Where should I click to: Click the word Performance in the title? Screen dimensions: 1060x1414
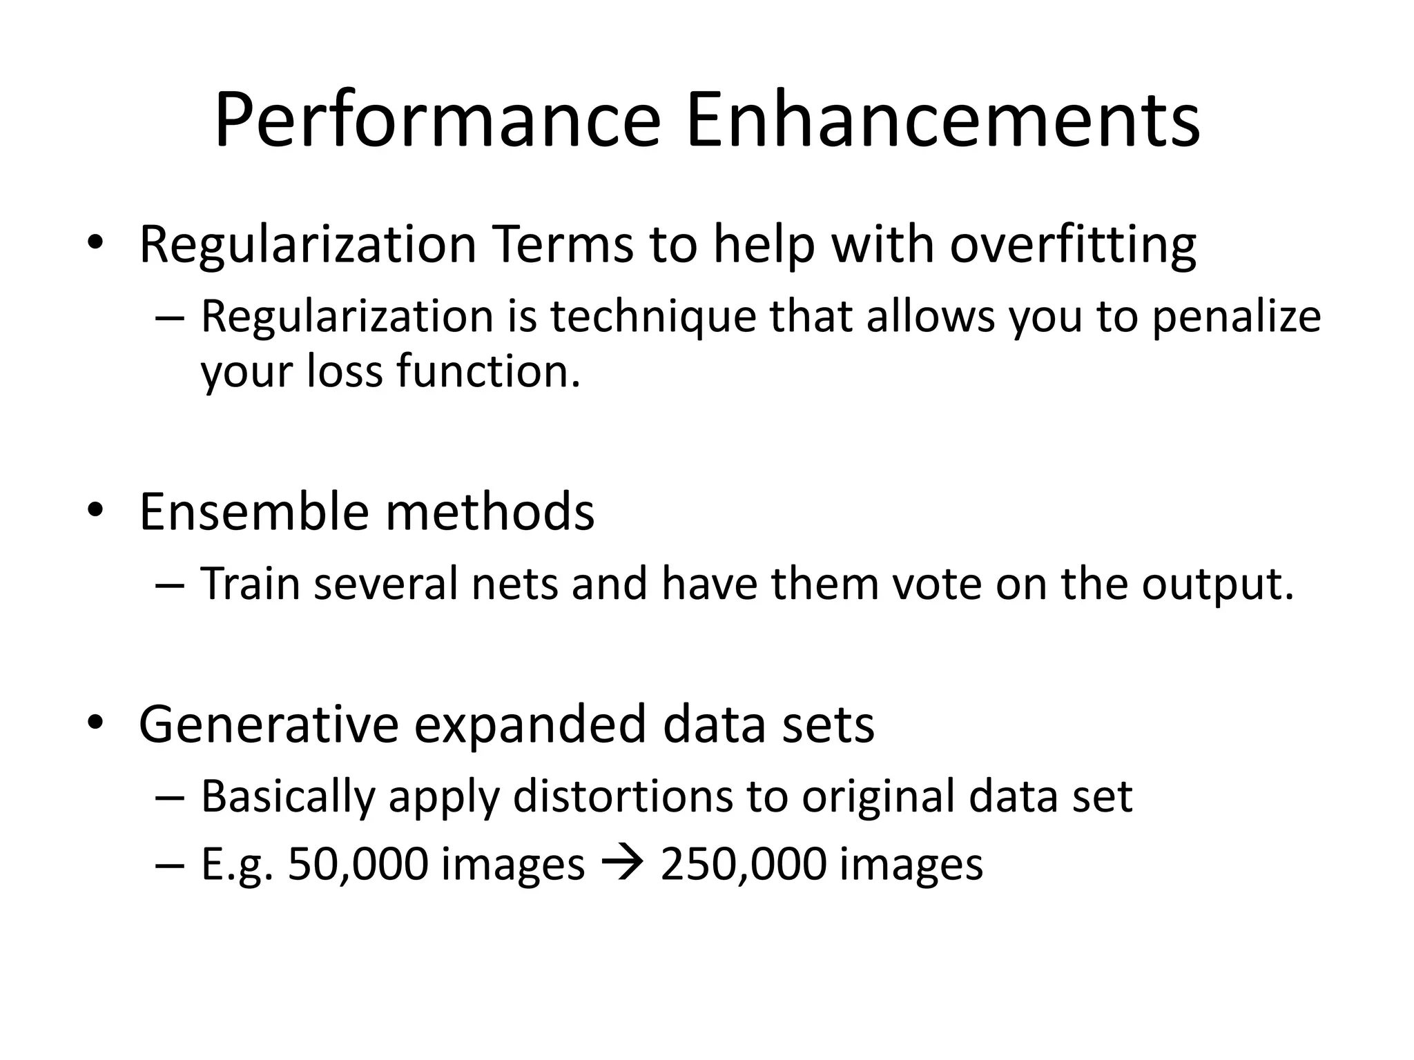point(438,121)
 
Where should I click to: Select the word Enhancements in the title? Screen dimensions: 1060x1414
point(942,121)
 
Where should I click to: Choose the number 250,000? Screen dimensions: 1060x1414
point(743,864)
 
